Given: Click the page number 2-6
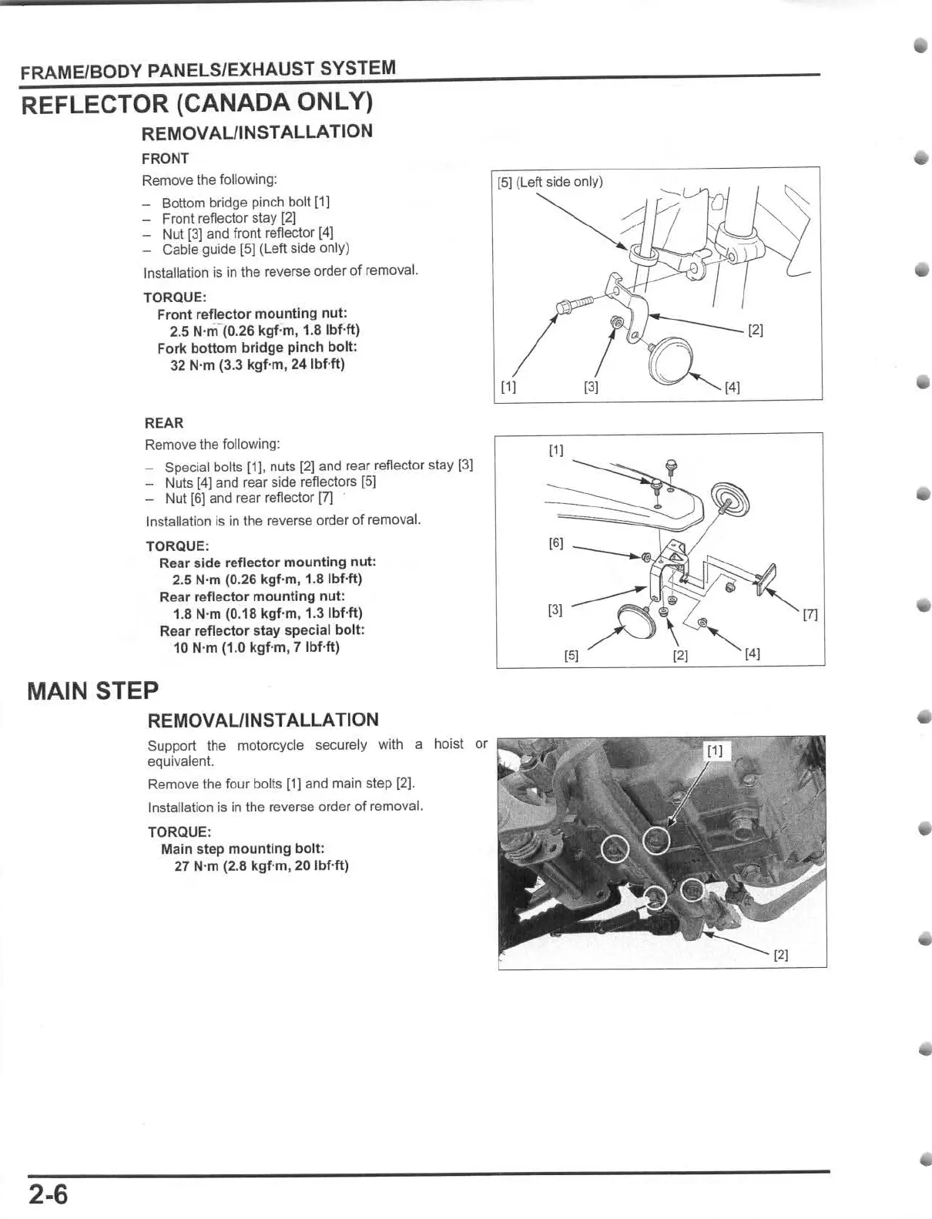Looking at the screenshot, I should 49,1195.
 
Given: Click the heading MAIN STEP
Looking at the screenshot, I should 92,690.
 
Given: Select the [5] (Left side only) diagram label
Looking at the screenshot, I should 550,183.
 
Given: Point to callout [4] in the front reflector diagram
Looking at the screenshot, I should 732,388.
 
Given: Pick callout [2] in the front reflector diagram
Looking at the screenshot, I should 756,331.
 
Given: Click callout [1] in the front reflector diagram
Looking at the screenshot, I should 508,388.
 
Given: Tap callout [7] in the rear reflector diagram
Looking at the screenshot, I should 810,615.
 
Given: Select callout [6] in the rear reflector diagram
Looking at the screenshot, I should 555,543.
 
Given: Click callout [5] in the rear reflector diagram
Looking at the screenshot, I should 571,657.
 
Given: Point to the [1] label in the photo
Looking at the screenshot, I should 715,751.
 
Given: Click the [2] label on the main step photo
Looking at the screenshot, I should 780,955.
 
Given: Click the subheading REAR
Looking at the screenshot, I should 164,423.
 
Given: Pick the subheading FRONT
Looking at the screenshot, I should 165,159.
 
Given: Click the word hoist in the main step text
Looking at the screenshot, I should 448,744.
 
